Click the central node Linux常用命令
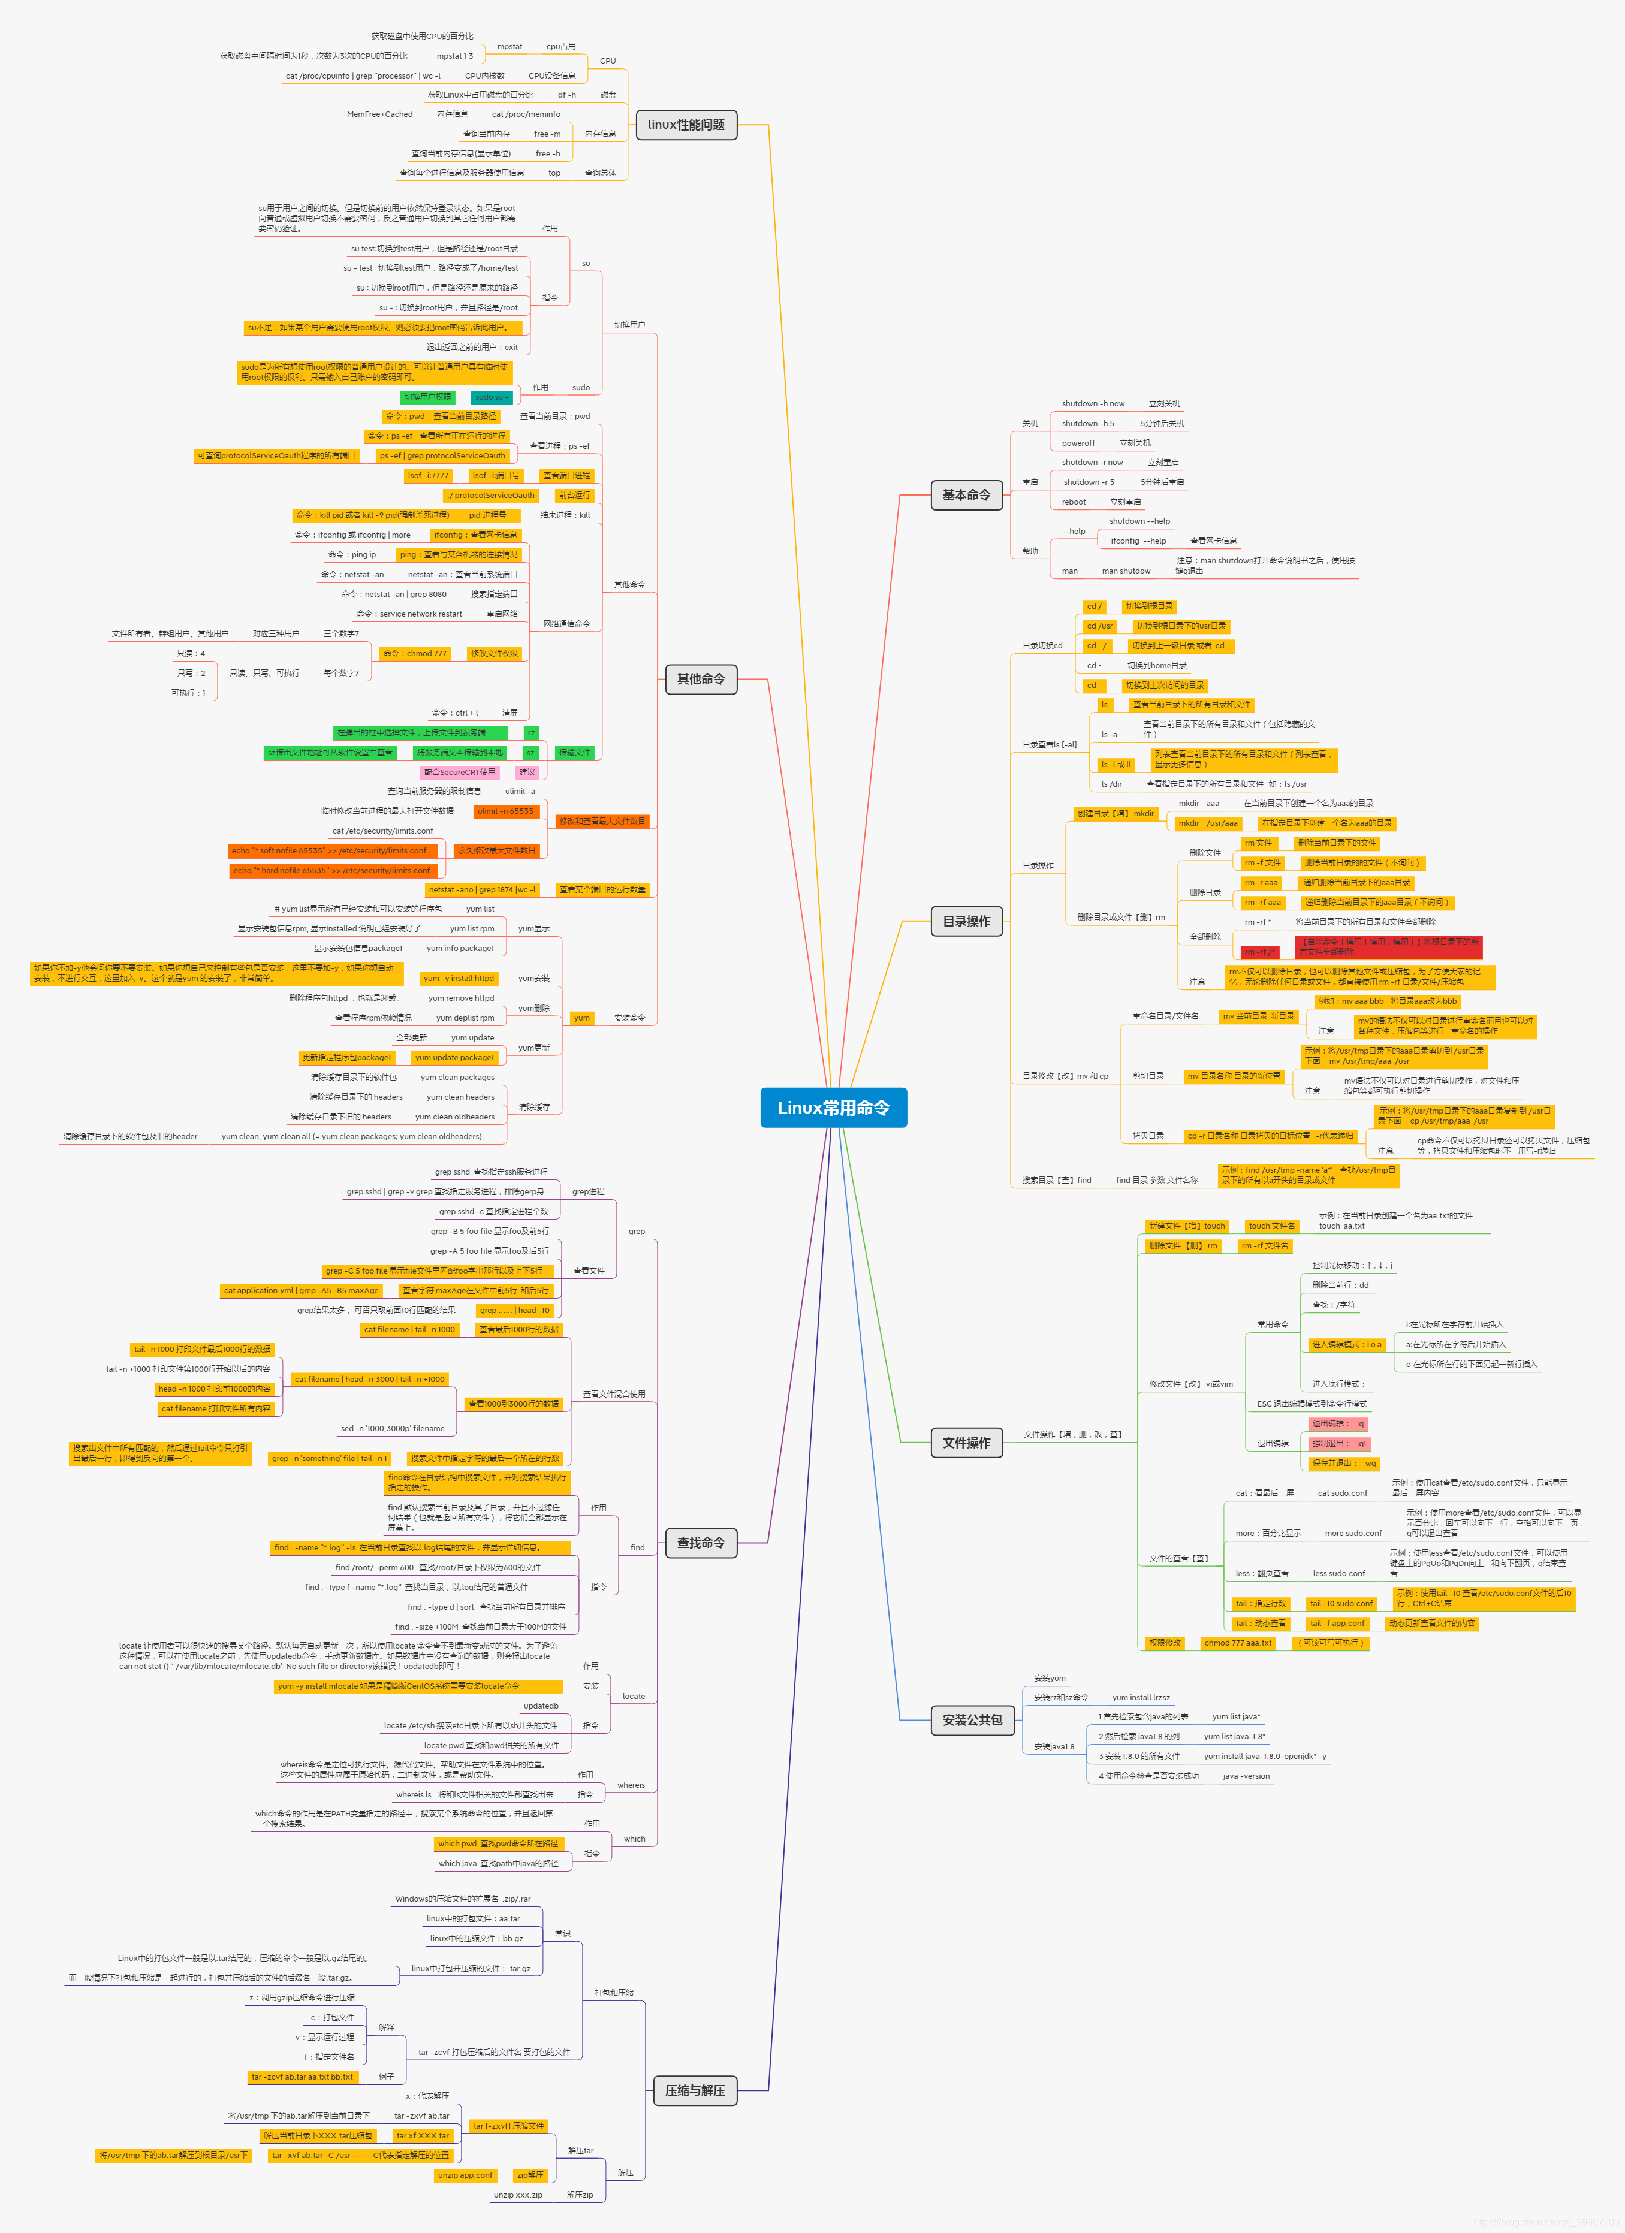click(833, 1108)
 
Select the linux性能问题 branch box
click(686, 125)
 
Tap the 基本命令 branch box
click(966, 494)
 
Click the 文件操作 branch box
click(966, 1443)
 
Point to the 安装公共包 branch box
click(972, 1720)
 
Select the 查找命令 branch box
click(700, 1543)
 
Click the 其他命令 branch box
click(700, 680)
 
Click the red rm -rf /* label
click(1259, 952)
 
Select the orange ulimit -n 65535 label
click(505, 811)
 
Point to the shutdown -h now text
click(1092, 404)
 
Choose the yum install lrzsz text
click(1141, 1697)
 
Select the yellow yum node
click(582, 1018)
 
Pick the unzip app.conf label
click(465, 2175)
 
